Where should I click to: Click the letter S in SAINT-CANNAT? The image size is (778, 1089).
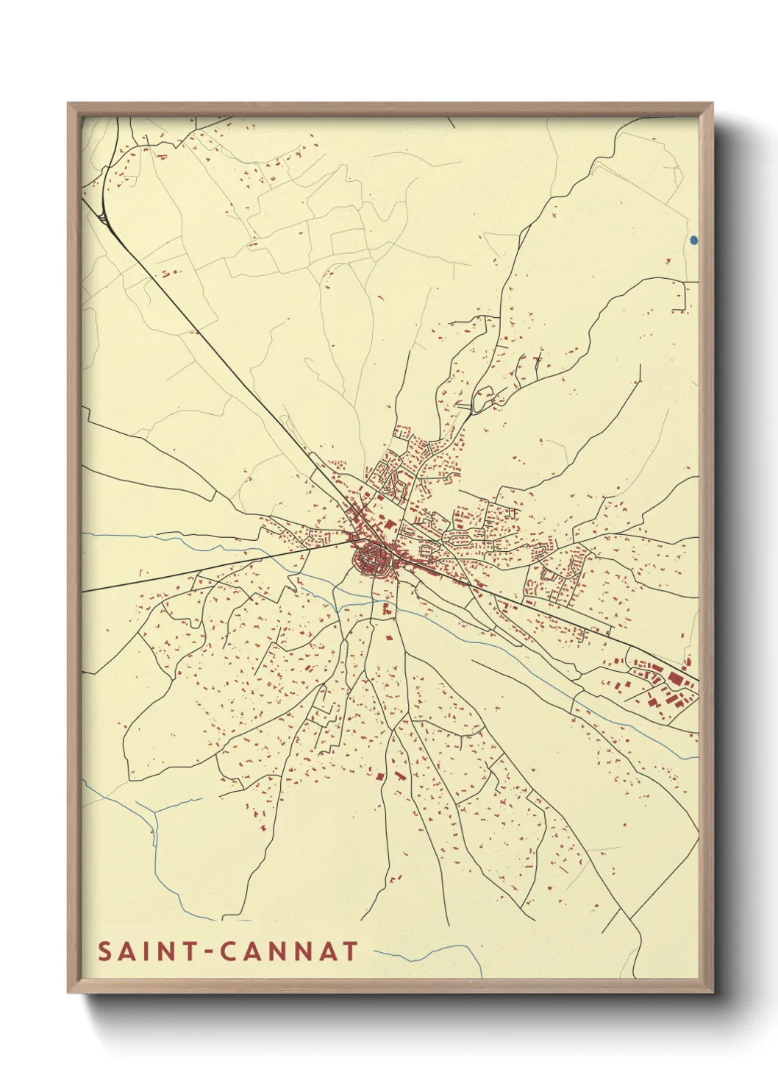(x=105, y=951)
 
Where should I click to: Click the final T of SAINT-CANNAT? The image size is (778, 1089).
(x=349, y=951)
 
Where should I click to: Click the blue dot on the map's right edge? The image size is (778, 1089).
(x=694, y=240)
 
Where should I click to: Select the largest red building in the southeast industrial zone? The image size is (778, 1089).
(x=676, y=678)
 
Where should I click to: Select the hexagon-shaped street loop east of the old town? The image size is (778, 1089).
(x=427, y=549)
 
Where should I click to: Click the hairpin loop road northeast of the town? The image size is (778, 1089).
(x=483, y=397)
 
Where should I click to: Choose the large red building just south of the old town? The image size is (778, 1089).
(x=388, y=608)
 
